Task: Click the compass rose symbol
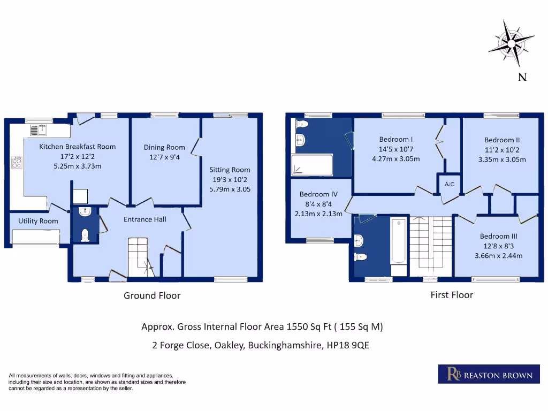[x=511, y=43]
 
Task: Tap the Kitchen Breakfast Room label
[x=77, y=147]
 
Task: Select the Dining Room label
[x=164, y=147]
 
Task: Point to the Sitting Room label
[x=230, y=170]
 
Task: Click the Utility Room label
[x=38, y=221]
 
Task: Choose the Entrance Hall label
[x=145, y=219]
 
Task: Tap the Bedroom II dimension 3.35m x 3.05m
[x=502, y=159]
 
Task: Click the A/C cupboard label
[x=450, y=185]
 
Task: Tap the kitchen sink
[x=38, y=129]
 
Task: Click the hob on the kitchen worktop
[x=16, y=162]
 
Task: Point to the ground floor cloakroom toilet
[x=85, y=234]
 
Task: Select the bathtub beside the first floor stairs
[x=399, y=241]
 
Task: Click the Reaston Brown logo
[x=486, y=374]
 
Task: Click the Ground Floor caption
[x=152, y=295]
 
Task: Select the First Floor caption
[x=452, y=295]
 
